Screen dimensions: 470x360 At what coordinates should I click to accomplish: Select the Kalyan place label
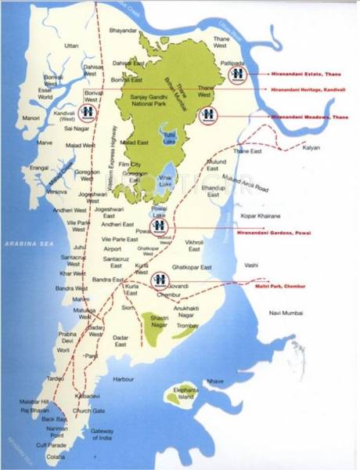[311, 147]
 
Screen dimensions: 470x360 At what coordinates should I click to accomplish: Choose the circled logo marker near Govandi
[160, 279]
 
